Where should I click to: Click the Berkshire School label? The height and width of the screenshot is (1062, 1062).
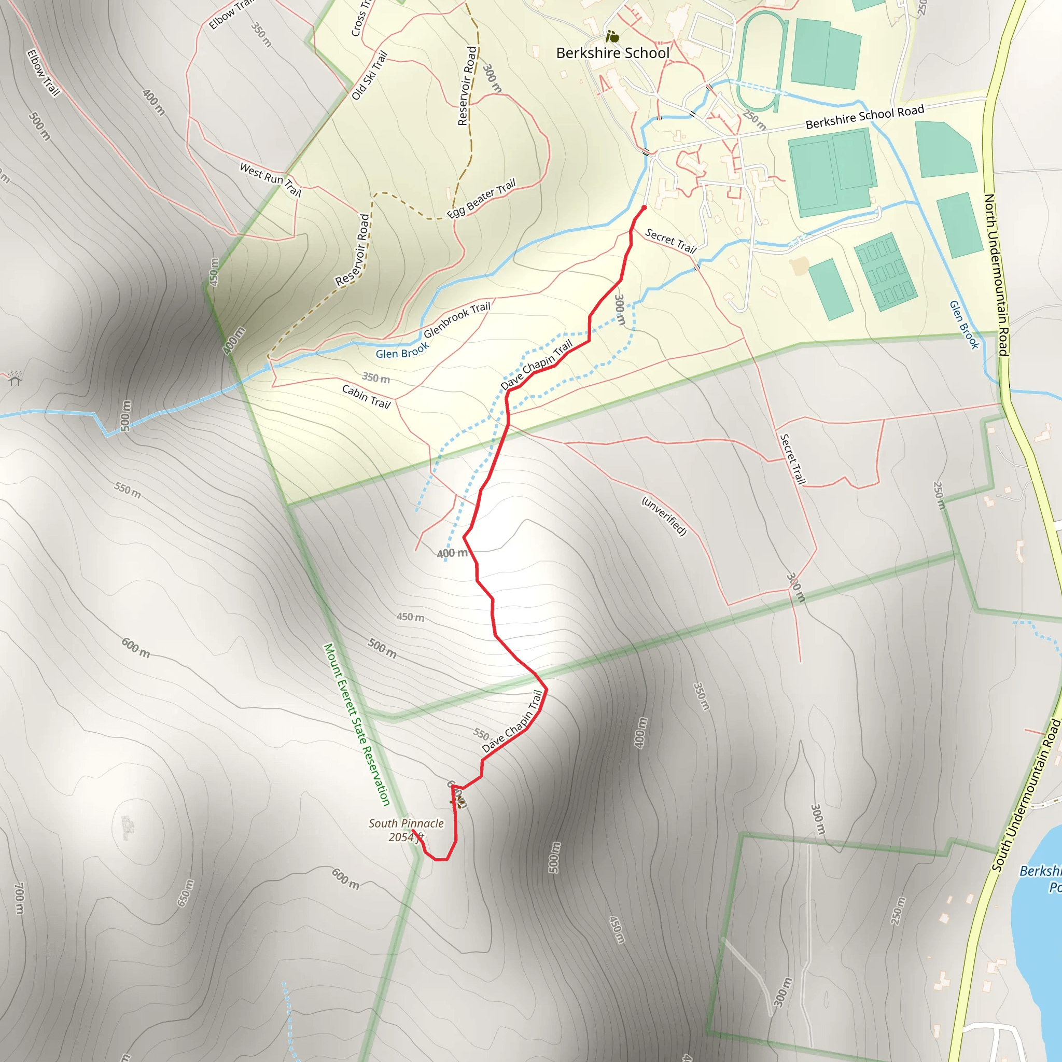(612, 53)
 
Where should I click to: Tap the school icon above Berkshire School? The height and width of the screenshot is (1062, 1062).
(612, 37)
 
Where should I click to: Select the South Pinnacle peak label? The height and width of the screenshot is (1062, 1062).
(406, 823)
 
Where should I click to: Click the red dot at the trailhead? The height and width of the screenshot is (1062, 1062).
(644, 208)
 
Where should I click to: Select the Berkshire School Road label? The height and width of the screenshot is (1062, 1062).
(864, 117)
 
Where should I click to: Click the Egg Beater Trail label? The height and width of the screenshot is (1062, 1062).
(481, 199)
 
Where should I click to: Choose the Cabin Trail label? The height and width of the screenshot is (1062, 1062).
(366, 396)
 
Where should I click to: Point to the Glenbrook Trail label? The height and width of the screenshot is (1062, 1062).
(457, 320)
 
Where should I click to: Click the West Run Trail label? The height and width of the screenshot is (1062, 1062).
(271, 179)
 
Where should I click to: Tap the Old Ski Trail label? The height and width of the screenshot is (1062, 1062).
(369, 76)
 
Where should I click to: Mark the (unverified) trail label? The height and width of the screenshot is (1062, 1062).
(664, 515)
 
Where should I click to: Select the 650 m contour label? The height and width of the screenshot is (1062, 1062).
(185, 893)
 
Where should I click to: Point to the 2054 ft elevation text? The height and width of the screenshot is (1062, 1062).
(406, 837)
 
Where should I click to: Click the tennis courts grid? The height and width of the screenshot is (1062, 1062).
(885, 272)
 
